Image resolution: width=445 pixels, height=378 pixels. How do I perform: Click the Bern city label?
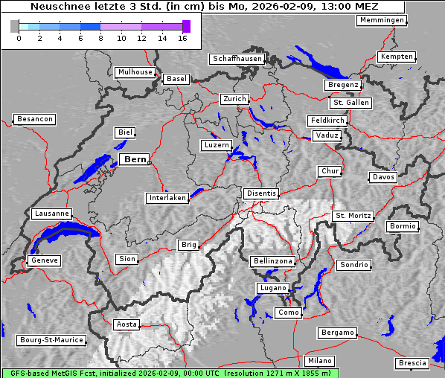(135, 159)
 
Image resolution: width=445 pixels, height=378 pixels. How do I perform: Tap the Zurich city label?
(234, 99)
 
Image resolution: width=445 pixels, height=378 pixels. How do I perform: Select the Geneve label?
(44, 260)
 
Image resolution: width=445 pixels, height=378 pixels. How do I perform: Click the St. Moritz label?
(353, 216)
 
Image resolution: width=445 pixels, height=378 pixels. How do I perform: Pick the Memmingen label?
(382, 20)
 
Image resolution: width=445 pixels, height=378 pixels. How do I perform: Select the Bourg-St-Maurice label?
(52, 340)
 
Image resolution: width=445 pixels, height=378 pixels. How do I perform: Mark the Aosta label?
(127, 324)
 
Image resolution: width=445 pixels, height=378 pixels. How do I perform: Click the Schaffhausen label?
(237, 58)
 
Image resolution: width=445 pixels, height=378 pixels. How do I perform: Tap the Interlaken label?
(167, 198)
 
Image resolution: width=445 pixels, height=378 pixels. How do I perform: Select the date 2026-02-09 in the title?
(282, 7)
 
